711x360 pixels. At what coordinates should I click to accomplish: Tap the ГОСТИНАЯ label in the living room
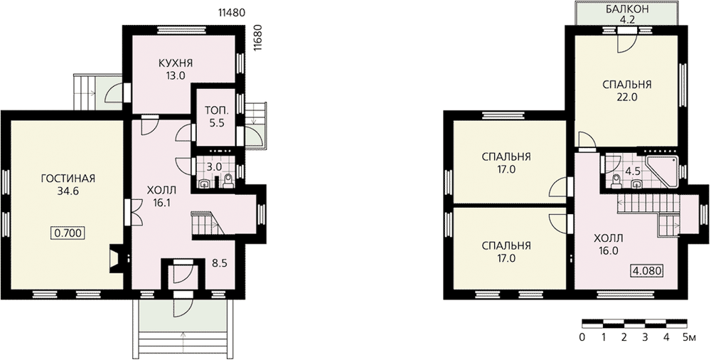coord(68,178)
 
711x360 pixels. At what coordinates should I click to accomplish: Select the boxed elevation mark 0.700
coord(68,234)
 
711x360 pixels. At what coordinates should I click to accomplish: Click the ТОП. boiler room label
coord(214,110)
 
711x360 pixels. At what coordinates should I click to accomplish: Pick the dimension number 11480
coord(232,13)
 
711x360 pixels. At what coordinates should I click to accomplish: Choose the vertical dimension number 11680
coord(258,40)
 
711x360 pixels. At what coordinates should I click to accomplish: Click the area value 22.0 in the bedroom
coord(626,97)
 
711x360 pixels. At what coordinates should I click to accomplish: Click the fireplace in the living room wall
coord(116,259)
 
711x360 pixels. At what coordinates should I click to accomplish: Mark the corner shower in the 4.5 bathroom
coord(662,171)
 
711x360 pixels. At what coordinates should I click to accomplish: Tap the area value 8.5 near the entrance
coord(220,263)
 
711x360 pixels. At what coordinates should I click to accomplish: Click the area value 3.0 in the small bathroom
coord(214,166)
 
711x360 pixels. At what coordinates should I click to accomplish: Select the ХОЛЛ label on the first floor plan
coord(161,190)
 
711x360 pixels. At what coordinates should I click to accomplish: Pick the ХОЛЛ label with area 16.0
coord(608,239)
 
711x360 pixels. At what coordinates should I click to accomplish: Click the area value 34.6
coord(68,191)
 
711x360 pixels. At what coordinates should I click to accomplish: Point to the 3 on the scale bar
coord(645,337)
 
